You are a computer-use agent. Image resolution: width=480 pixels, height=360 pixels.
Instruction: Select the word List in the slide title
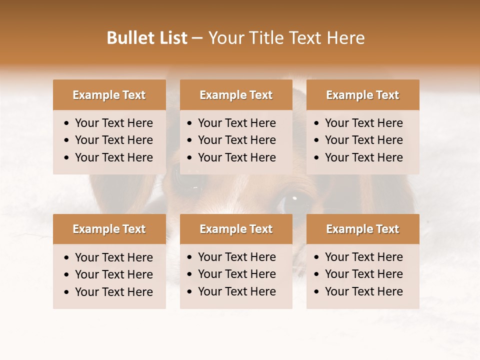[x=173, y=38]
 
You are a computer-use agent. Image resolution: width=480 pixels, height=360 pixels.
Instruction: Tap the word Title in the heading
[x=267, y=38]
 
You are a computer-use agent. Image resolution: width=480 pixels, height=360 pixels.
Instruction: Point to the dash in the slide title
[x=197, y=38]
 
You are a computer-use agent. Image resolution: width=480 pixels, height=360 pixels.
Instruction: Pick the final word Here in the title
[x=345, y=38]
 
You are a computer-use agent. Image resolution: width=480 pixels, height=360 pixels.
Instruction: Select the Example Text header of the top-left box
[x=109, y=95]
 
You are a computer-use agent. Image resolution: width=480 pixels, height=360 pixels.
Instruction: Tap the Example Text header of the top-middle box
[x=236, y=95]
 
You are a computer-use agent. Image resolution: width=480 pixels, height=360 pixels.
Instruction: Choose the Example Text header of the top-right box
[x=362, y=95]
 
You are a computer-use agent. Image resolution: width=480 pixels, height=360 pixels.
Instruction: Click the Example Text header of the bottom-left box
[x=109, y=229]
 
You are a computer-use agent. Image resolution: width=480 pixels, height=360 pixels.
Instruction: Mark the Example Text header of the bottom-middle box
[x=236, y=229]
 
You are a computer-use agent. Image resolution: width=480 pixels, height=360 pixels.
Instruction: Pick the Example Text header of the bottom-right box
[x=362, y=229]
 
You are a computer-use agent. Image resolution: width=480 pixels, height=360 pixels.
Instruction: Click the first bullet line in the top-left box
[x=113, y=123]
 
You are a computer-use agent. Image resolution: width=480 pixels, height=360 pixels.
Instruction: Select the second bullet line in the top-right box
[x=363, y=140]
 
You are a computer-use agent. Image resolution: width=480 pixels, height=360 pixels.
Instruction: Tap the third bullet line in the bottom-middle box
[x=236, y=291]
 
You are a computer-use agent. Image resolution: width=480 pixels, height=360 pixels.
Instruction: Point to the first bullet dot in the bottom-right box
[x=317, y=257]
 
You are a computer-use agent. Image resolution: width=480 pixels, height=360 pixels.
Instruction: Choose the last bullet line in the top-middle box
[x=236, y=157]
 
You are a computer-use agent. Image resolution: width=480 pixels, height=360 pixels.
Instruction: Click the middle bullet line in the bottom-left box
[x=113, y=274]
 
